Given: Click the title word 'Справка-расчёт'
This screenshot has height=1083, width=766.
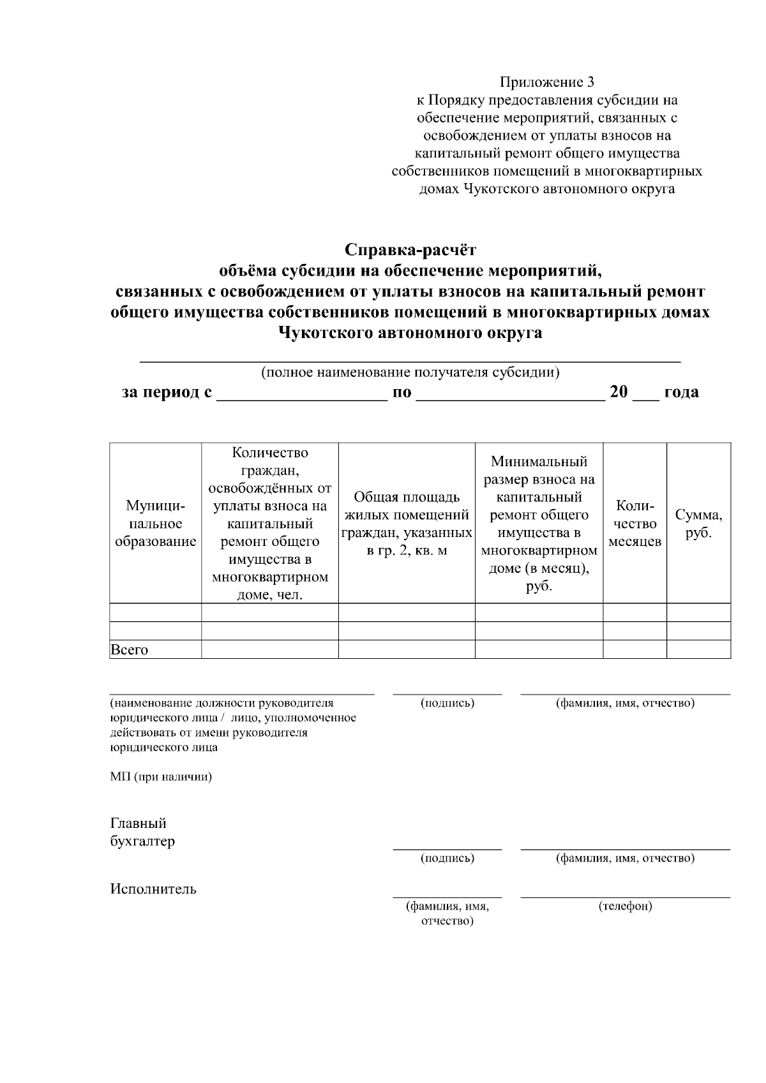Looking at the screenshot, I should (410, 249).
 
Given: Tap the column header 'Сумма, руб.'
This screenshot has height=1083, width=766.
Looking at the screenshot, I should (698, 524).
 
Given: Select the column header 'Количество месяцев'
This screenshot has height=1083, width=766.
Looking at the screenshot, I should (635, 524).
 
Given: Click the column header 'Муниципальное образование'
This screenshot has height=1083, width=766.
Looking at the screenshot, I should (155, 524).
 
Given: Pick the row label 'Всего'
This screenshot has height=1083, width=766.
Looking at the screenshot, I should (130, 650).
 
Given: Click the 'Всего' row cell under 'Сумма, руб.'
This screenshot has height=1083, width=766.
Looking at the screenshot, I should (698, 649).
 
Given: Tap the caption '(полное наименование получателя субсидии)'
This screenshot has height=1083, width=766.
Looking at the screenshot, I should (410, 372).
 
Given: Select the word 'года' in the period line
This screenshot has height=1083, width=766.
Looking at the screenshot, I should (681, 392).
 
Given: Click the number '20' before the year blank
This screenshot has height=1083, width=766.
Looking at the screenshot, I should (619, 392).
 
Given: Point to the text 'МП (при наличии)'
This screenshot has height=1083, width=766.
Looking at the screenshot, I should (161, 777).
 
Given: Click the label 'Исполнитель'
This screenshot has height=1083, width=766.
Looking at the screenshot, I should (153, 888).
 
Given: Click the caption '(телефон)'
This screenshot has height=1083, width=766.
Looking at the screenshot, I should (625, 906).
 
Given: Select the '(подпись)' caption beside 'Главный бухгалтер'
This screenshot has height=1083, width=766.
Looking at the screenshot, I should (447, 858).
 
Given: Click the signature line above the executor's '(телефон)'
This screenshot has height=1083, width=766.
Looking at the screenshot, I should (625, 897).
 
